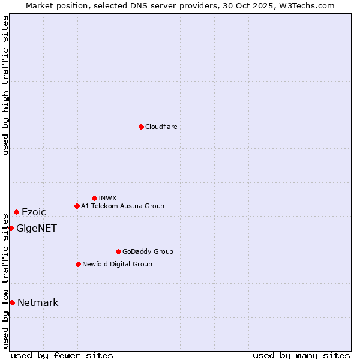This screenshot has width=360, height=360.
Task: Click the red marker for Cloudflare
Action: (x=141, y=127)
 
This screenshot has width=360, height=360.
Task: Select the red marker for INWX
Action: (x=94, y=198)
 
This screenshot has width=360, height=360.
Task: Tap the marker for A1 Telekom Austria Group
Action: (x=77, y=206)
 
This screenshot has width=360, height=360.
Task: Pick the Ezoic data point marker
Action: (x=16, y=212)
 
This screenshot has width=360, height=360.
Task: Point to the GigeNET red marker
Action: (x=11, y=228)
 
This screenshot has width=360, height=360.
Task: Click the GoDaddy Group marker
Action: (x=118, y=251)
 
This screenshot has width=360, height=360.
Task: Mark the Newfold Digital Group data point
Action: (x=78, y=264)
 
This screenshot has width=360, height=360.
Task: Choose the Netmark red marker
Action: (x=12, y=302)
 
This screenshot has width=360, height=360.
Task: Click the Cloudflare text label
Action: (x=161, y=127)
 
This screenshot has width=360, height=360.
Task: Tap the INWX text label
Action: (x=107, y=198)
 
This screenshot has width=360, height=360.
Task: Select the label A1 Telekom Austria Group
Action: (x=122, y=206)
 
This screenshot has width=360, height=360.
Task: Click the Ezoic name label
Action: (x=34, y=212)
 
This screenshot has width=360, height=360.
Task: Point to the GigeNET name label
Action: (x=37, y=228)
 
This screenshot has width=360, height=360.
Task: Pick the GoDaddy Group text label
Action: (x=148, y=251)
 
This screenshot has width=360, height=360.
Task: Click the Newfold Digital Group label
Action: (x=117, y=264)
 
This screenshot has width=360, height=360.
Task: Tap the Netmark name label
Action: (x=38, y=302)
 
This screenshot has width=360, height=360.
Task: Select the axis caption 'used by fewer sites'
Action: (x=62, y=355)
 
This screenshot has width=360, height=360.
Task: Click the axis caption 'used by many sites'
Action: (x=301, y=355)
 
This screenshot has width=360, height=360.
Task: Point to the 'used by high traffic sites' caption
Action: (x=5, y=85)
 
